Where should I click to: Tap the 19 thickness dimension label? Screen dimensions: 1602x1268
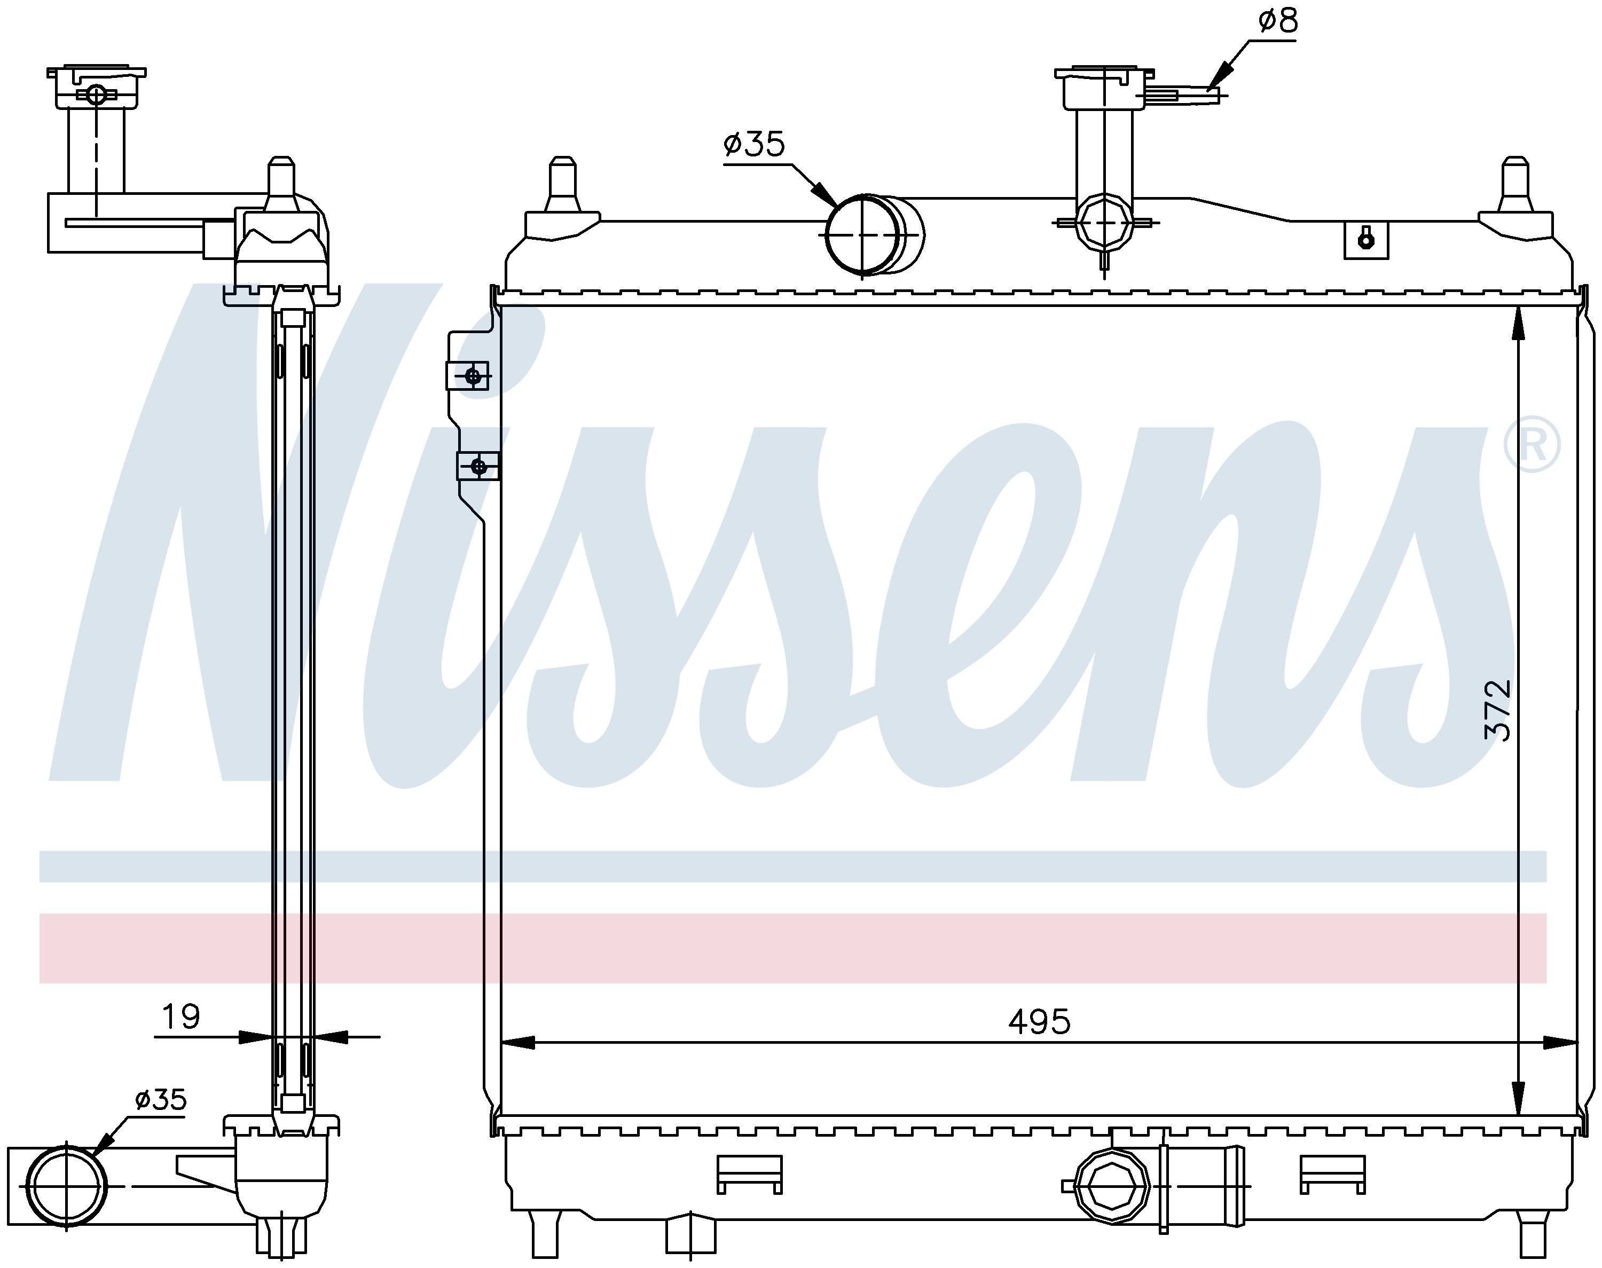(x=180, y=1017)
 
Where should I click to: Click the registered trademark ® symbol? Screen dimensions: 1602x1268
(x=1532, y=445)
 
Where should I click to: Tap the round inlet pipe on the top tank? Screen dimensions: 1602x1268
(x=875, y=234)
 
